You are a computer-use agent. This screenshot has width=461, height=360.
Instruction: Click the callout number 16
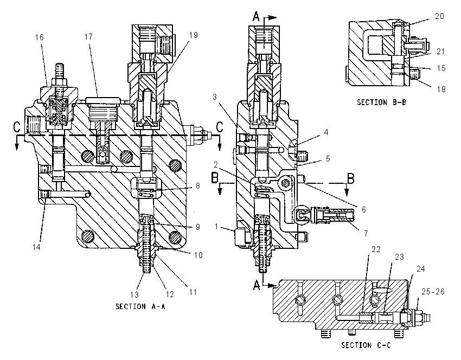[40, 37]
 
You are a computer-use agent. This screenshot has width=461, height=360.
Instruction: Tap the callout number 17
[88, 37]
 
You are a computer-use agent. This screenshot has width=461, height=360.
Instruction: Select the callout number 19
[194, 35]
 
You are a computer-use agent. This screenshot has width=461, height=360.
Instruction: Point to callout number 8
[198, 186]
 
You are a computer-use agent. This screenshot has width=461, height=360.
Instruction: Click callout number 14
[36, 247]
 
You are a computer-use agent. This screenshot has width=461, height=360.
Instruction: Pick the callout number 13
[135, 294]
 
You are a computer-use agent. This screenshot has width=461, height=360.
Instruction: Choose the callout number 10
[199, 255]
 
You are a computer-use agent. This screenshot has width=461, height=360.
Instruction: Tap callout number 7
[366, 233]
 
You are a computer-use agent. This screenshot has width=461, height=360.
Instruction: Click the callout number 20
[439, 16]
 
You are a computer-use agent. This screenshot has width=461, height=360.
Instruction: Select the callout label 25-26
[433, 292]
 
